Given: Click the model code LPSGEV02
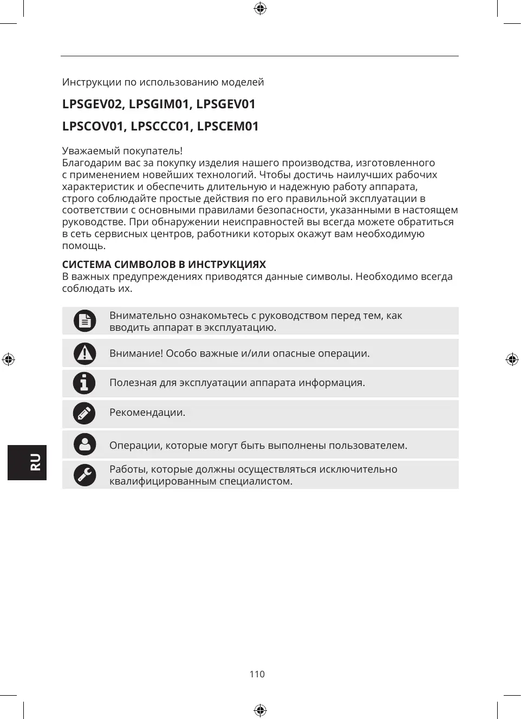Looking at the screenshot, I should pos(92,104).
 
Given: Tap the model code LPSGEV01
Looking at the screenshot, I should pos(225,104).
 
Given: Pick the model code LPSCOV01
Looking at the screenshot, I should pos(93,126).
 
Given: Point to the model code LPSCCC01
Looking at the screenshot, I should pos(161,126).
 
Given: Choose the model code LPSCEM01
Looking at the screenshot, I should pos(227,126).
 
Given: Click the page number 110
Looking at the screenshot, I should pos(257,674).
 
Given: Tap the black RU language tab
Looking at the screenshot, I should pos(27,462).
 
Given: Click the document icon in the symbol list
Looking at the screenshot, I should pos(84,321).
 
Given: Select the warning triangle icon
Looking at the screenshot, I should pos(84,354).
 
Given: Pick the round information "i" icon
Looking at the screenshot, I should pos(84,383).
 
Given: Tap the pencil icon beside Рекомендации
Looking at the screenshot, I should pos(84,414).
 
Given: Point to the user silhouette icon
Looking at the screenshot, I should pos(84,445).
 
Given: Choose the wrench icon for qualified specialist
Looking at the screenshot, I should pos(84,475).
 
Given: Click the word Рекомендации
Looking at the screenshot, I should pos(147,413).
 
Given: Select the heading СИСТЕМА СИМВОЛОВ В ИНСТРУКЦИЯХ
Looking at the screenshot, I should pos(164,265).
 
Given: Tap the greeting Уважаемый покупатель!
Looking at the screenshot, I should pos(122,151).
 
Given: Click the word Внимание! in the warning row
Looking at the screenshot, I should pos(136,354).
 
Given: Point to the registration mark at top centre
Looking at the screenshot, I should pos(260,9).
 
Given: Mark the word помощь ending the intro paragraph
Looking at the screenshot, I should pos(83,246).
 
